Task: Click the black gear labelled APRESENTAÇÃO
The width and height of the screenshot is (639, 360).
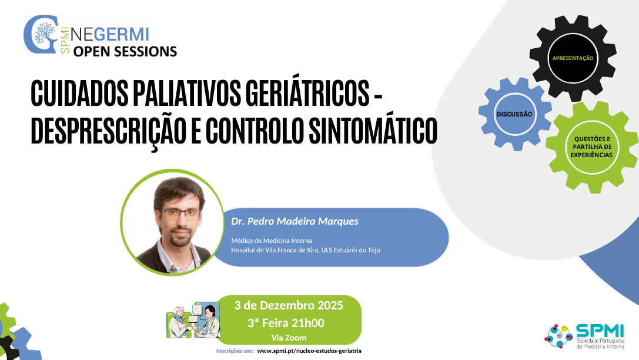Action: pyautogui.click(x=573, y=58)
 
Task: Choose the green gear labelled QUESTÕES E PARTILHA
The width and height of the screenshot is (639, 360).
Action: pyautogui.click(x=591, y=146)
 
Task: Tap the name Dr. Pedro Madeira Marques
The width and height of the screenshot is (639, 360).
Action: pyautogui.click(x=295, y=221)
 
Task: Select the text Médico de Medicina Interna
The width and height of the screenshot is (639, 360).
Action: pyautogui.click(x=272, y=241)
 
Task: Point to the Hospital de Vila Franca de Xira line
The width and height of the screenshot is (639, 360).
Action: pyautogui.click(x=306, y=250)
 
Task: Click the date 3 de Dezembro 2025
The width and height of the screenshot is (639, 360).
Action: pyautogui.click(x=289, y=305)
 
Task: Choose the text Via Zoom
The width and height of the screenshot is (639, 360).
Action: pyautogui.click(x=289, y=338)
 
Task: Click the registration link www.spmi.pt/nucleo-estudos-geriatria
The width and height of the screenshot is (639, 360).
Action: pyautogui.click(x=309, y=351)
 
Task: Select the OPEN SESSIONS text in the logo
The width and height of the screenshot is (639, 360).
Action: pyautogui.click(x=125, y=51)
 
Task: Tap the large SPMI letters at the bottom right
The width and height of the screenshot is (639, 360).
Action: pyautogui.click(x=596, y=331)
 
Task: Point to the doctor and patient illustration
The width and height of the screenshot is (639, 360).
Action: pyautogui.click(x=193, y=322)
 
